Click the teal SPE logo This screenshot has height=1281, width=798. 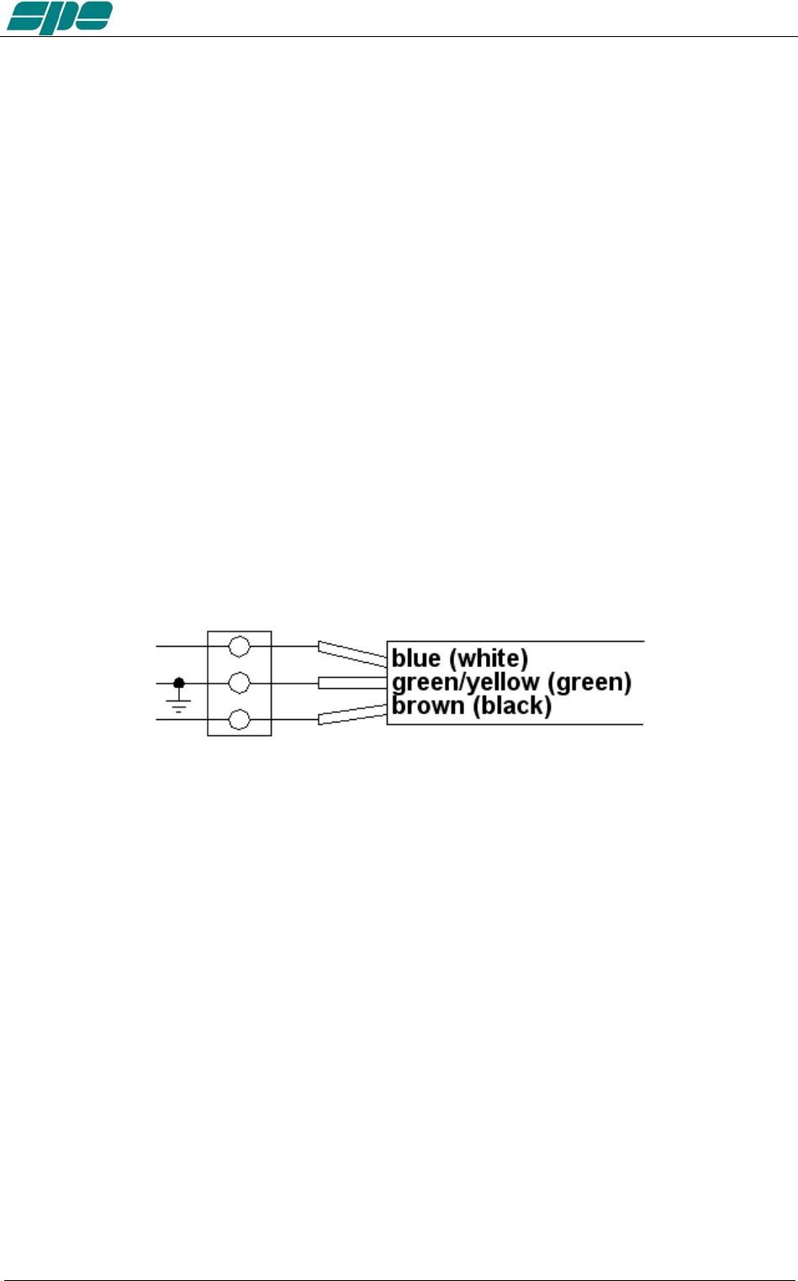[x=59, y=18]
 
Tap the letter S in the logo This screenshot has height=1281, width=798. [x=27, y=18]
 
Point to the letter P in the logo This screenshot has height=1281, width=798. [x=60, y=18]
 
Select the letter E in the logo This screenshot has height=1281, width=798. [x=93, y=16]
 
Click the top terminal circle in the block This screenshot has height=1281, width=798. [x=240, y=646]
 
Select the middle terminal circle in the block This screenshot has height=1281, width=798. [x=240, y=683]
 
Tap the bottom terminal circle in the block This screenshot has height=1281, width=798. [x=240, y=720]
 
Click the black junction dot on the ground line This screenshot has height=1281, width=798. [x=178, y=683]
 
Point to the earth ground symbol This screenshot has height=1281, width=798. [x=178, y=704]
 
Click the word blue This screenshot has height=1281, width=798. [x=416, y=658]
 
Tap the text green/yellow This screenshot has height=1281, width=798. [x=465, y=682]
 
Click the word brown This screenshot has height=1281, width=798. [x=428, y=705]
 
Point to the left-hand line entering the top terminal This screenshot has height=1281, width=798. [x=182, y=646]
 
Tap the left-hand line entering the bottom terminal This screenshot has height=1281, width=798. [x=182, y=720]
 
